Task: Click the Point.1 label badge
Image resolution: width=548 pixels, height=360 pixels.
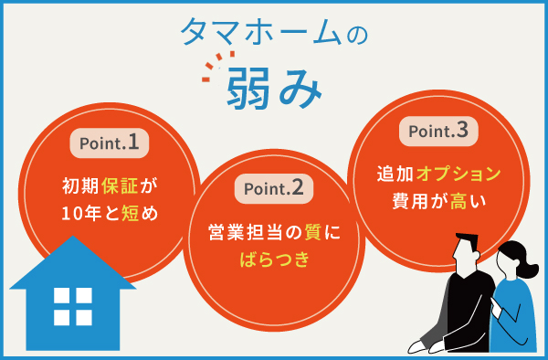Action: (110, 143)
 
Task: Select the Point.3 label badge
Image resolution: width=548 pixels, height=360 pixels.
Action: (439, 132)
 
